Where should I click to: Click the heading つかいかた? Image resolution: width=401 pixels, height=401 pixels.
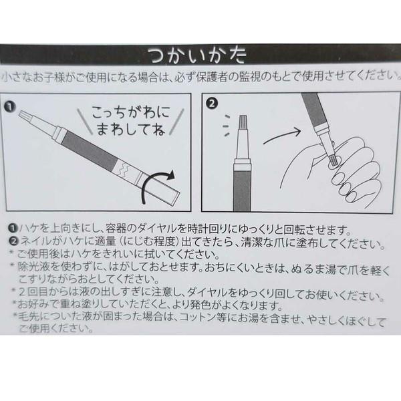197,55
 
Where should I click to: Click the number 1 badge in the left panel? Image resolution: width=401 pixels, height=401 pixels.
10,106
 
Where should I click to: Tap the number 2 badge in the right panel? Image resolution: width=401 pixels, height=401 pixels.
212,104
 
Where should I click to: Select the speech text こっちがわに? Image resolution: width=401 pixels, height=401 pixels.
131,112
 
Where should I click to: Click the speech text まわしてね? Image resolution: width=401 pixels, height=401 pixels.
131,129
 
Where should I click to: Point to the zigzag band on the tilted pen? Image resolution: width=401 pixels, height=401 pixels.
124,168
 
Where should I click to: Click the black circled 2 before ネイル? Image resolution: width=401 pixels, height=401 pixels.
13,241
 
